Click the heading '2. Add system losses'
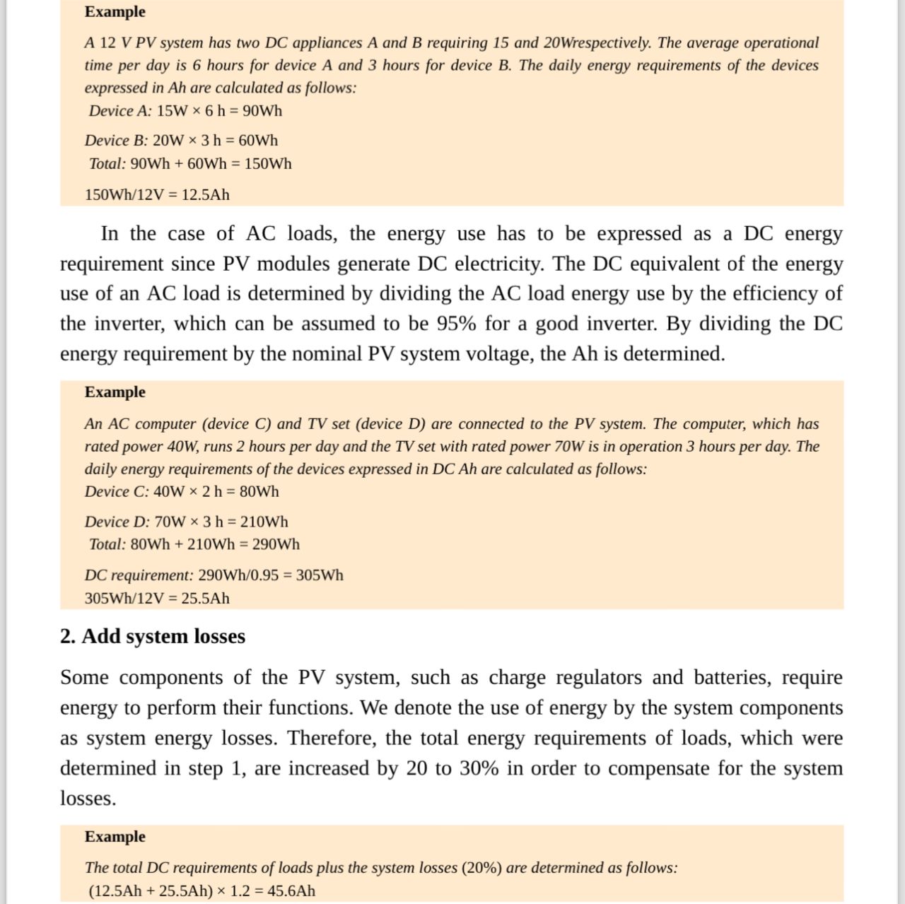pos(153,636)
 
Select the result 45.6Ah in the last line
pos(291,891)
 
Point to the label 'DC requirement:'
pos(139,575)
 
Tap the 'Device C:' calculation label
pos(117,491)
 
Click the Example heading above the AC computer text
pos(115,392)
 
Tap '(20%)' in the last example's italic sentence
pos(481,867)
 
